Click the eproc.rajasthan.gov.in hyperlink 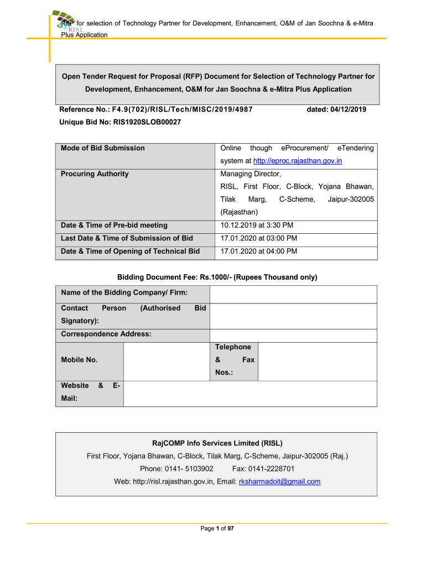click(298, 161)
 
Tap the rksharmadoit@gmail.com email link click(279, 481)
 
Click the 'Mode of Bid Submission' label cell click(103, 148)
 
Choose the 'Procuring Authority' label click(95, 174)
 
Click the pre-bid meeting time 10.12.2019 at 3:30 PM click(257, 226)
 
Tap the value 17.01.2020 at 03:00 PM click(258, 238)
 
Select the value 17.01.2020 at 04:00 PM click(258, 251)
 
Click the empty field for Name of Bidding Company click(293, 295)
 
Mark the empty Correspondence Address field click(293, 335)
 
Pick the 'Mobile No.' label click(79, 360)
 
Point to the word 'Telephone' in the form click(233, 347)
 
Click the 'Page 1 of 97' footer click(217, 529)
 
